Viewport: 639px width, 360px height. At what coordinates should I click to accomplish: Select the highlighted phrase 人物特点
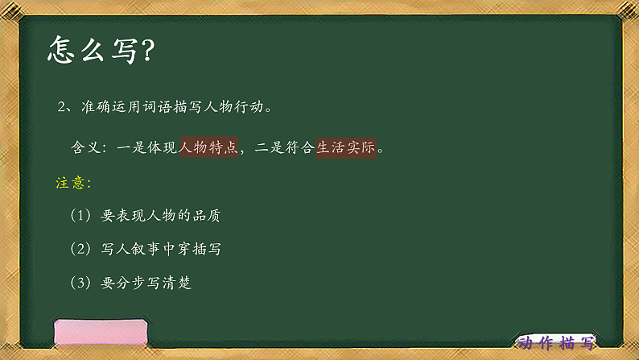208,147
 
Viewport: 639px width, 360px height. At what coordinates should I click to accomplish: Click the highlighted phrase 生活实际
346,147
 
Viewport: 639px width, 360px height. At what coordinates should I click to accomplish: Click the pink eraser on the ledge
101,333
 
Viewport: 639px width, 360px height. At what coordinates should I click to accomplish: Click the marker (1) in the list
82,216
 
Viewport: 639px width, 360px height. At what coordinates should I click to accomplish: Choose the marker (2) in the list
82,250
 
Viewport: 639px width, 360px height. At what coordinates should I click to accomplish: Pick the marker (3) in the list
82,283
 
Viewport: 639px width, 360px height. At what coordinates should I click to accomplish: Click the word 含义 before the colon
87,148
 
